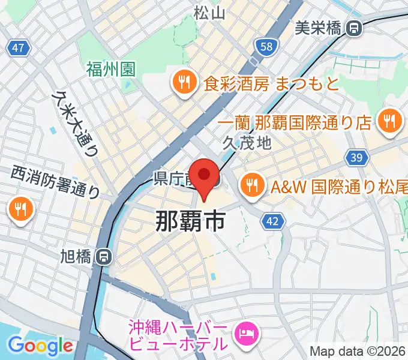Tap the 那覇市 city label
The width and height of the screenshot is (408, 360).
(190, 221)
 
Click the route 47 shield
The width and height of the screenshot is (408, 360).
(19, 47)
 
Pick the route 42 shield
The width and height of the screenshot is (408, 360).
(272, 221)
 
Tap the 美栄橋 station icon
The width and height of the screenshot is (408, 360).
(355, 27)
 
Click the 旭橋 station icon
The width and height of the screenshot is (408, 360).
(104, 257)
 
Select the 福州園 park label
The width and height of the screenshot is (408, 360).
(110, 69)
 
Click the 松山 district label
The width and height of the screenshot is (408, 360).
(209, 11)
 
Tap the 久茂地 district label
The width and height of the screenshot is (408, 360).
(247, 143)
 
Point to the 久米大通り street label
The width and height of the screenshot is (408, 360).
(76, 124)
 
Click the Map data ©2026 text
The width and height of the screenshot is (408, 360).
(358, 352)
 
